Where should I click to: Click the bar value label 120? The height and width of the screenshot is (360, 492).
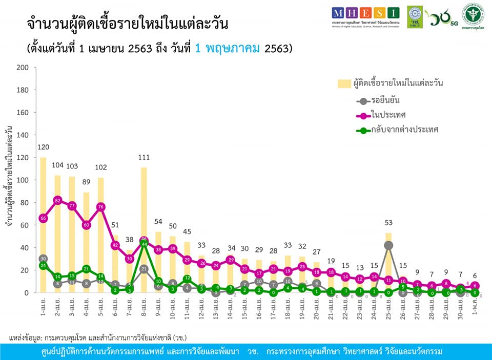click(43, 149)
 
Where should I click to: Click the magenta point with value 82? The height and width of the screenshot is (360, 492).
click(57, 200)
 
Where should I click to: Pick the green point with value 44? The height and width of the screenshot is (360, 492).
click(144, 244)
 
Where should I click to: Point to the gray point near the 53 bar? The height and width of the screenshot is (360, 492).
click(388, 245)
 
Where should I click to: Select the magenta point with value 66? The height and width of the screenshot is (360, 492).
click(43, 218)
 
